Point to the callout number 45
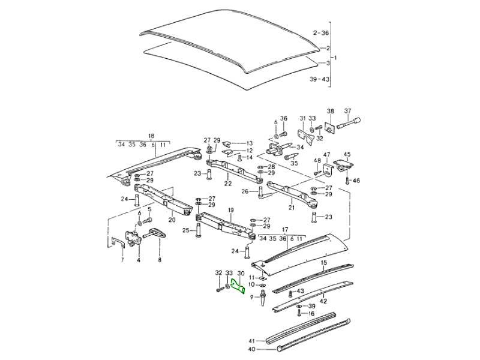pos(346,154)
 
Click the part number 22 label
pos(227,184)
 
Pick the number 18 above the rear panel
pos(151,136)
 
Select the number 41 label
pos(253,340)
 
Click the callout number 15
pos(323,263)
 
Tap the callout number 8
pos(160,260)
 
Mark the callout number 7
pos(122,260)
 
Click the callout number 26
pos(245,193)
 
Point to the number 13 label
pos(250,143)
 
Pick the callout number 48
pos(316,161)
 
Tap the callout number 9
pos(253,296)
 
